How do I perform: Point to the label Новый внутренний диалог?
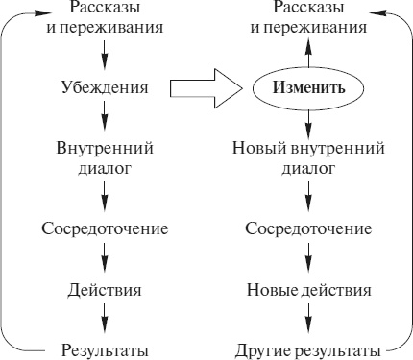(x=308, y=158)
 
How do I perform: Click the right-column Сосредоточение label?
(x=308, y=229)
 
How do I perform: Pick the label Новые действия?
(x=308, y=289)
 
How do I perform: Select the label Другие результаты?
(x=308, y=348)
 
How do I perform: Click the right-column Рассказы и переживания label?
(x=308, y=17)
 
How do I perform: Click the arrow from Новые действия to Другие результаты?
(x=308, y=319)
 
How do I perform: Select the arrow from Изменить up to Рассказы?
(x=308, y=52)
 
